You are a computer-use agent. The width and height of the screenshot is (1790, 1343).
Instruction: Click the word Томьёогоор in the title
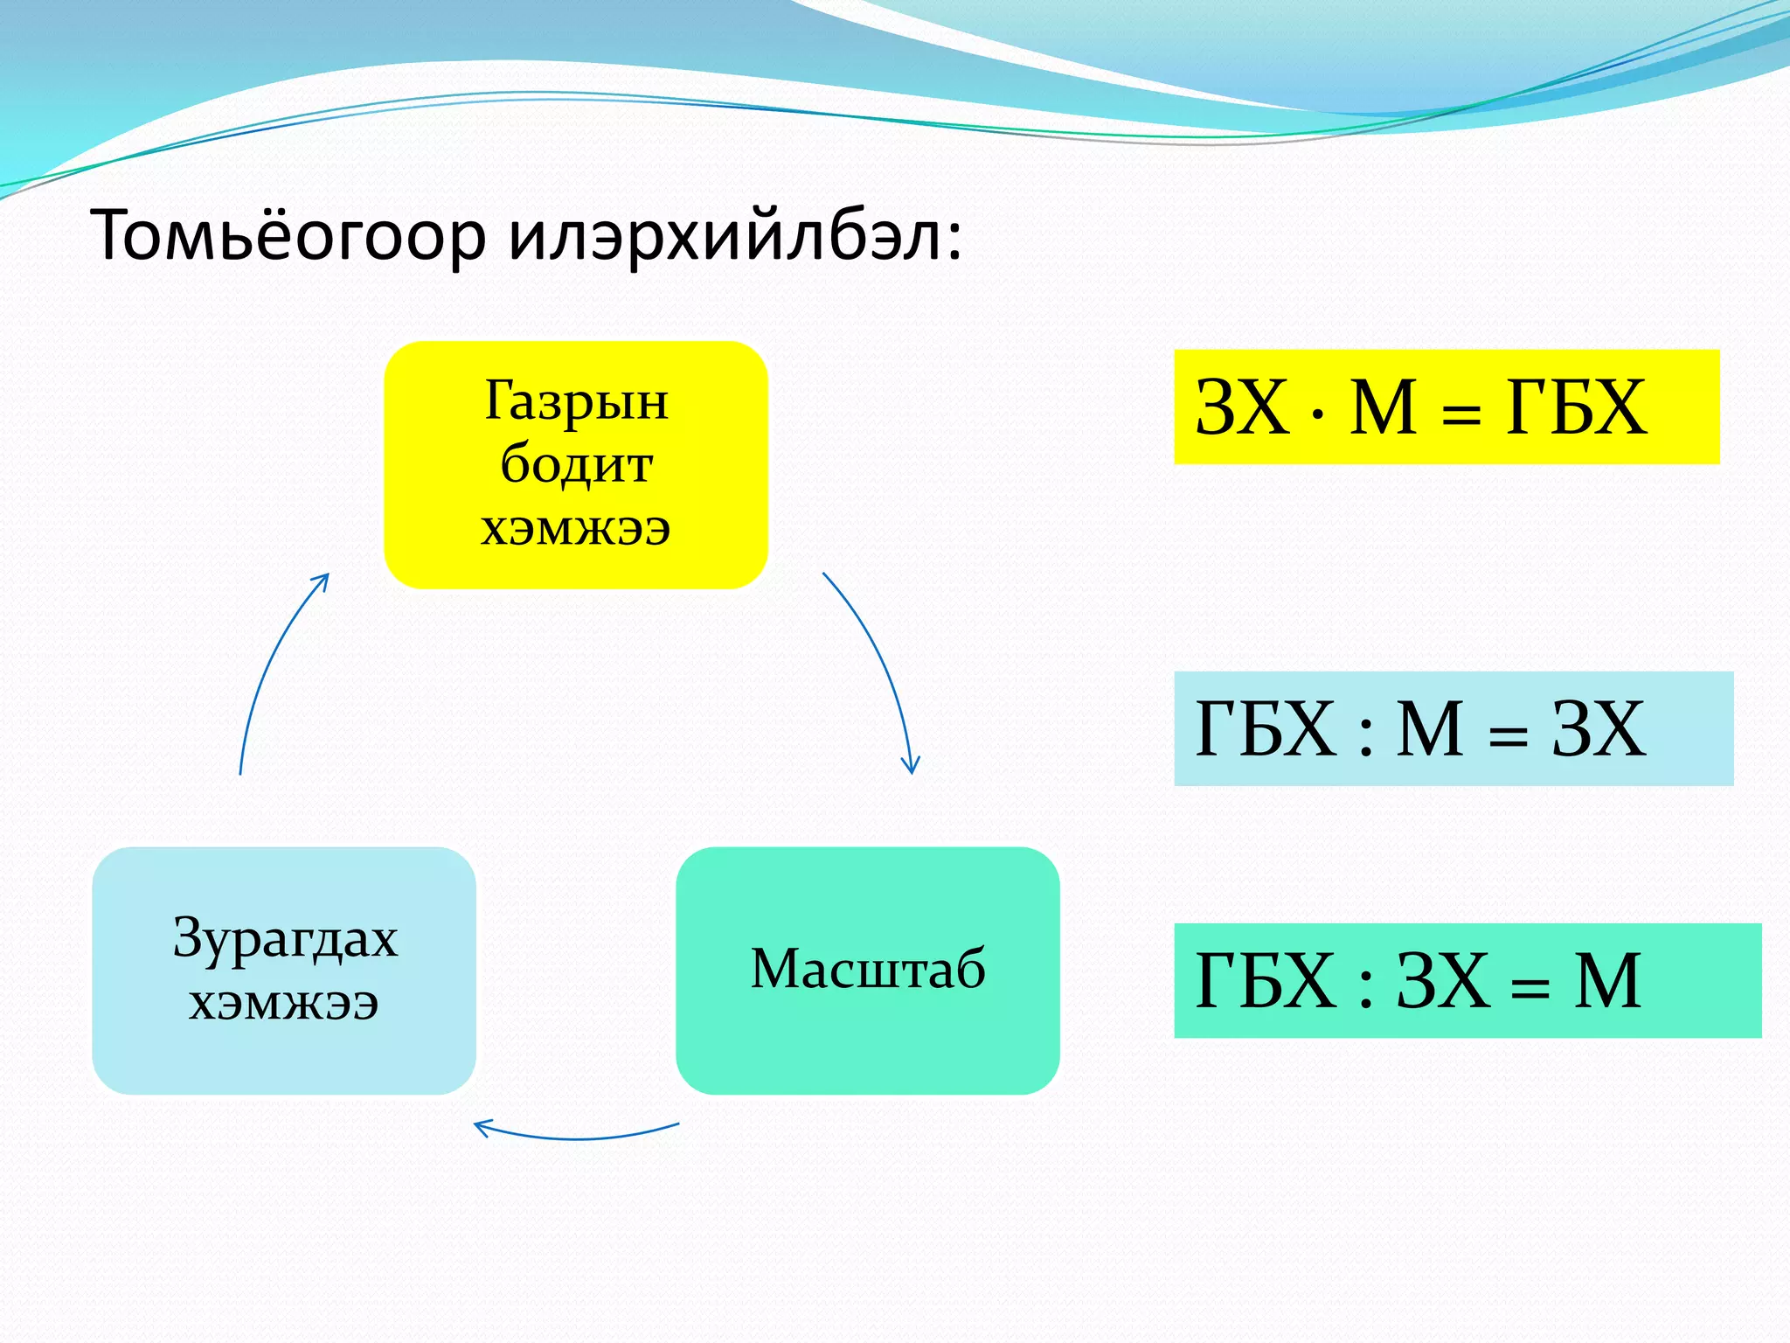pyautogui.click(x=288, y=236)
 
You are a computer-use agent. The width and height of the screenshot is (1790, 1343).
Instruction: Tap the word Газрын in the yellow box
pyautogui.click(x=576, y=401)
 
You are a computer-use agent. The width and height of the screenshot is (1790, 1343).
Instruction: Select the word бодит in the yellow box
pyautogui.click(x=576, y=464)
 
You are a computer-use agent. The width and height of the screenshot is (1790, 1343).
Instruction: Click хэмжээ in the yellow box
pyautogui.click(x=576, y=528)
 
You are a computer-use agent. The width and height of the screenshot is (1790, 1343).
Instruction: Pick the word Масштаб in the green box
pyautogui.click(x=868, y=969)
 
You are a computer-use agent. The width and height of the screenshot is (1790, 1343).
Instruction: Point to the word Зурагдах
pyautogui.click(x=285, y=939)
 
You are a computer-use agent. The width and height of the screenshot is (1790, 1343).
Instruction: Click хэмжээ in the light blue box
pyautogui.click(x=284, y=1003)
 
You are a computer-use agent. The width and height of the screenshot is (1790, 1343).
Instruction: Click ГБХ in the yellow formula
pyautogui.click(x=1576, y=407)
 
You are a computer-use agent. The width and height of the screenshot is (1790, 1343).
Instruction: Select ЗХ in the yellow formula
pyautogui.click(x=1242, y=407)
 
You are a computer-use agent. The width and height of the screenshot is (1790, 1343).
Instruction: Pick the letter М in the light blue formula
pyautogui.click(x=1430, y=729)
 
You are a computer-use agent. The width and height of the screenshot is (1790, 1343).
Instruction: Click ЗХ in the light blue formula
pyautogui.click(x=1599, y=729)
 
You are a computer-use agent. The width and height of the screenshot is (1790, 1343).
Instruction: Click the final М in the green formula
pyautogui.click(x=1606, y=981)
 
